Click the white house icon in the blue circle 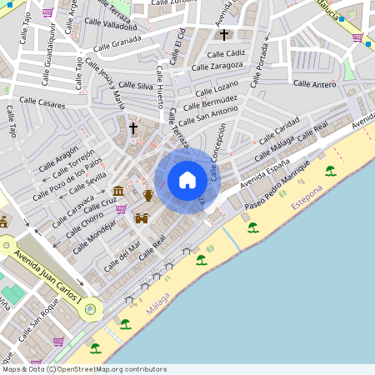click(187, 179)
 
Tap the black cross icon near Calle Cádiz click(223, 35)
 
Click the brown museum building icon click(118, 192)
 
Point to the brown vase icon click(148, 195)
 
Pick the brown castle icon click(142, 218)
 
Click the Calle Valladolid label click(109, 26)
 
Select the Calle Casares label click(40, 105)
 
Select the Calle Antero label click(314, 84)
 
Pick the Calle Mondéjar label click(93, 237)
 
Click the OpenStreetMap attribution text click(83, 369)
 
